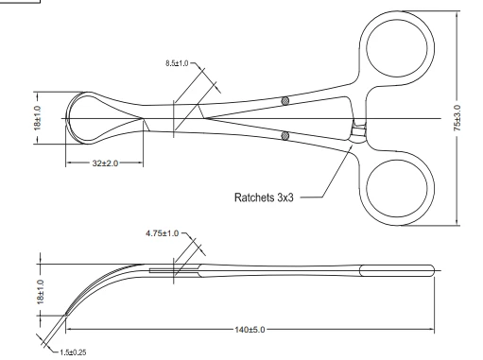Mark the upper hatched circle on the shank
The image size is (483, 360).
(x=285, y=101)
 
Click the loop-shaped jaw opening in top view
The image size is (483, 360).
(x=99, y=117)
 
